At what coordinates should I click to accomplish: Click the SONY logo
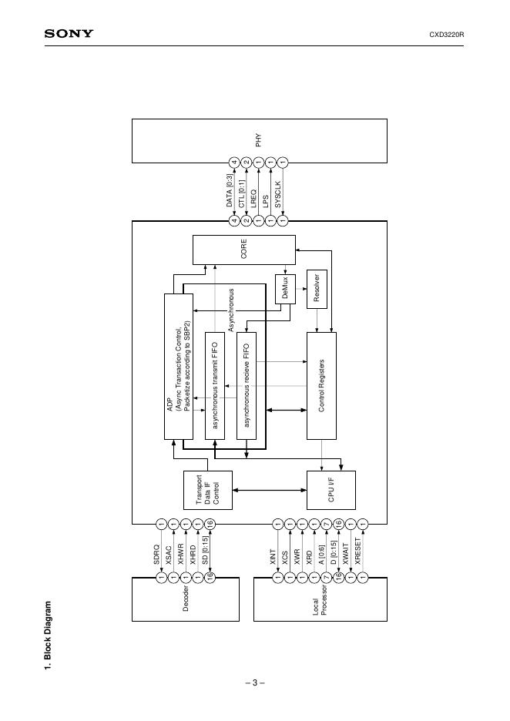pyautogui.click(x=69, y=34)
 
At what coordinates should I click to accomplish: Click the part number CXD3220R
pyautogui.click(x=451, y=35)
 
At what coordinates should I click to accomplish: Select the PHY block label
pyautogui.click(x=259, y=140)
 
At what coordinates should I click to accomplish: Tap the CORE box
pyautogui.click(x=243, y=250)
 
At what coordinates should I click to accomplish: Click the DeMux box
pyautogui.click(x=285, y=288)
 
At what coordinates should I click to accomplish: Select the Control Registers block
pyautogui.click(x=322, y=385)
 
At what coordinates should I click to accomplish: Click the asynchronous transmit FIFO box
pyautogui.click(x=215, y=385)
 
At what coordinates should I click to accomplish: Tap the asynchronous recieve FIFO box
pyautogui.click(x=247, y=385)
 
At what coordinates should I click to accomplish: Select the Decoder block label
pyautogui.click(x=186, y=600)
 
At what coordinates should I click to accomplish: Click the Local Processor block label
pyautogui.click(x=320, y=608)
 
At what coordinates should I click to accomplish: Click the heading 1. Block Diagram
pyautogui.click(x=48, y=636)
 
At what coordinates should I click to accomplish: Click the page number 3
pyautogui.click(x=255, y=682)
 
